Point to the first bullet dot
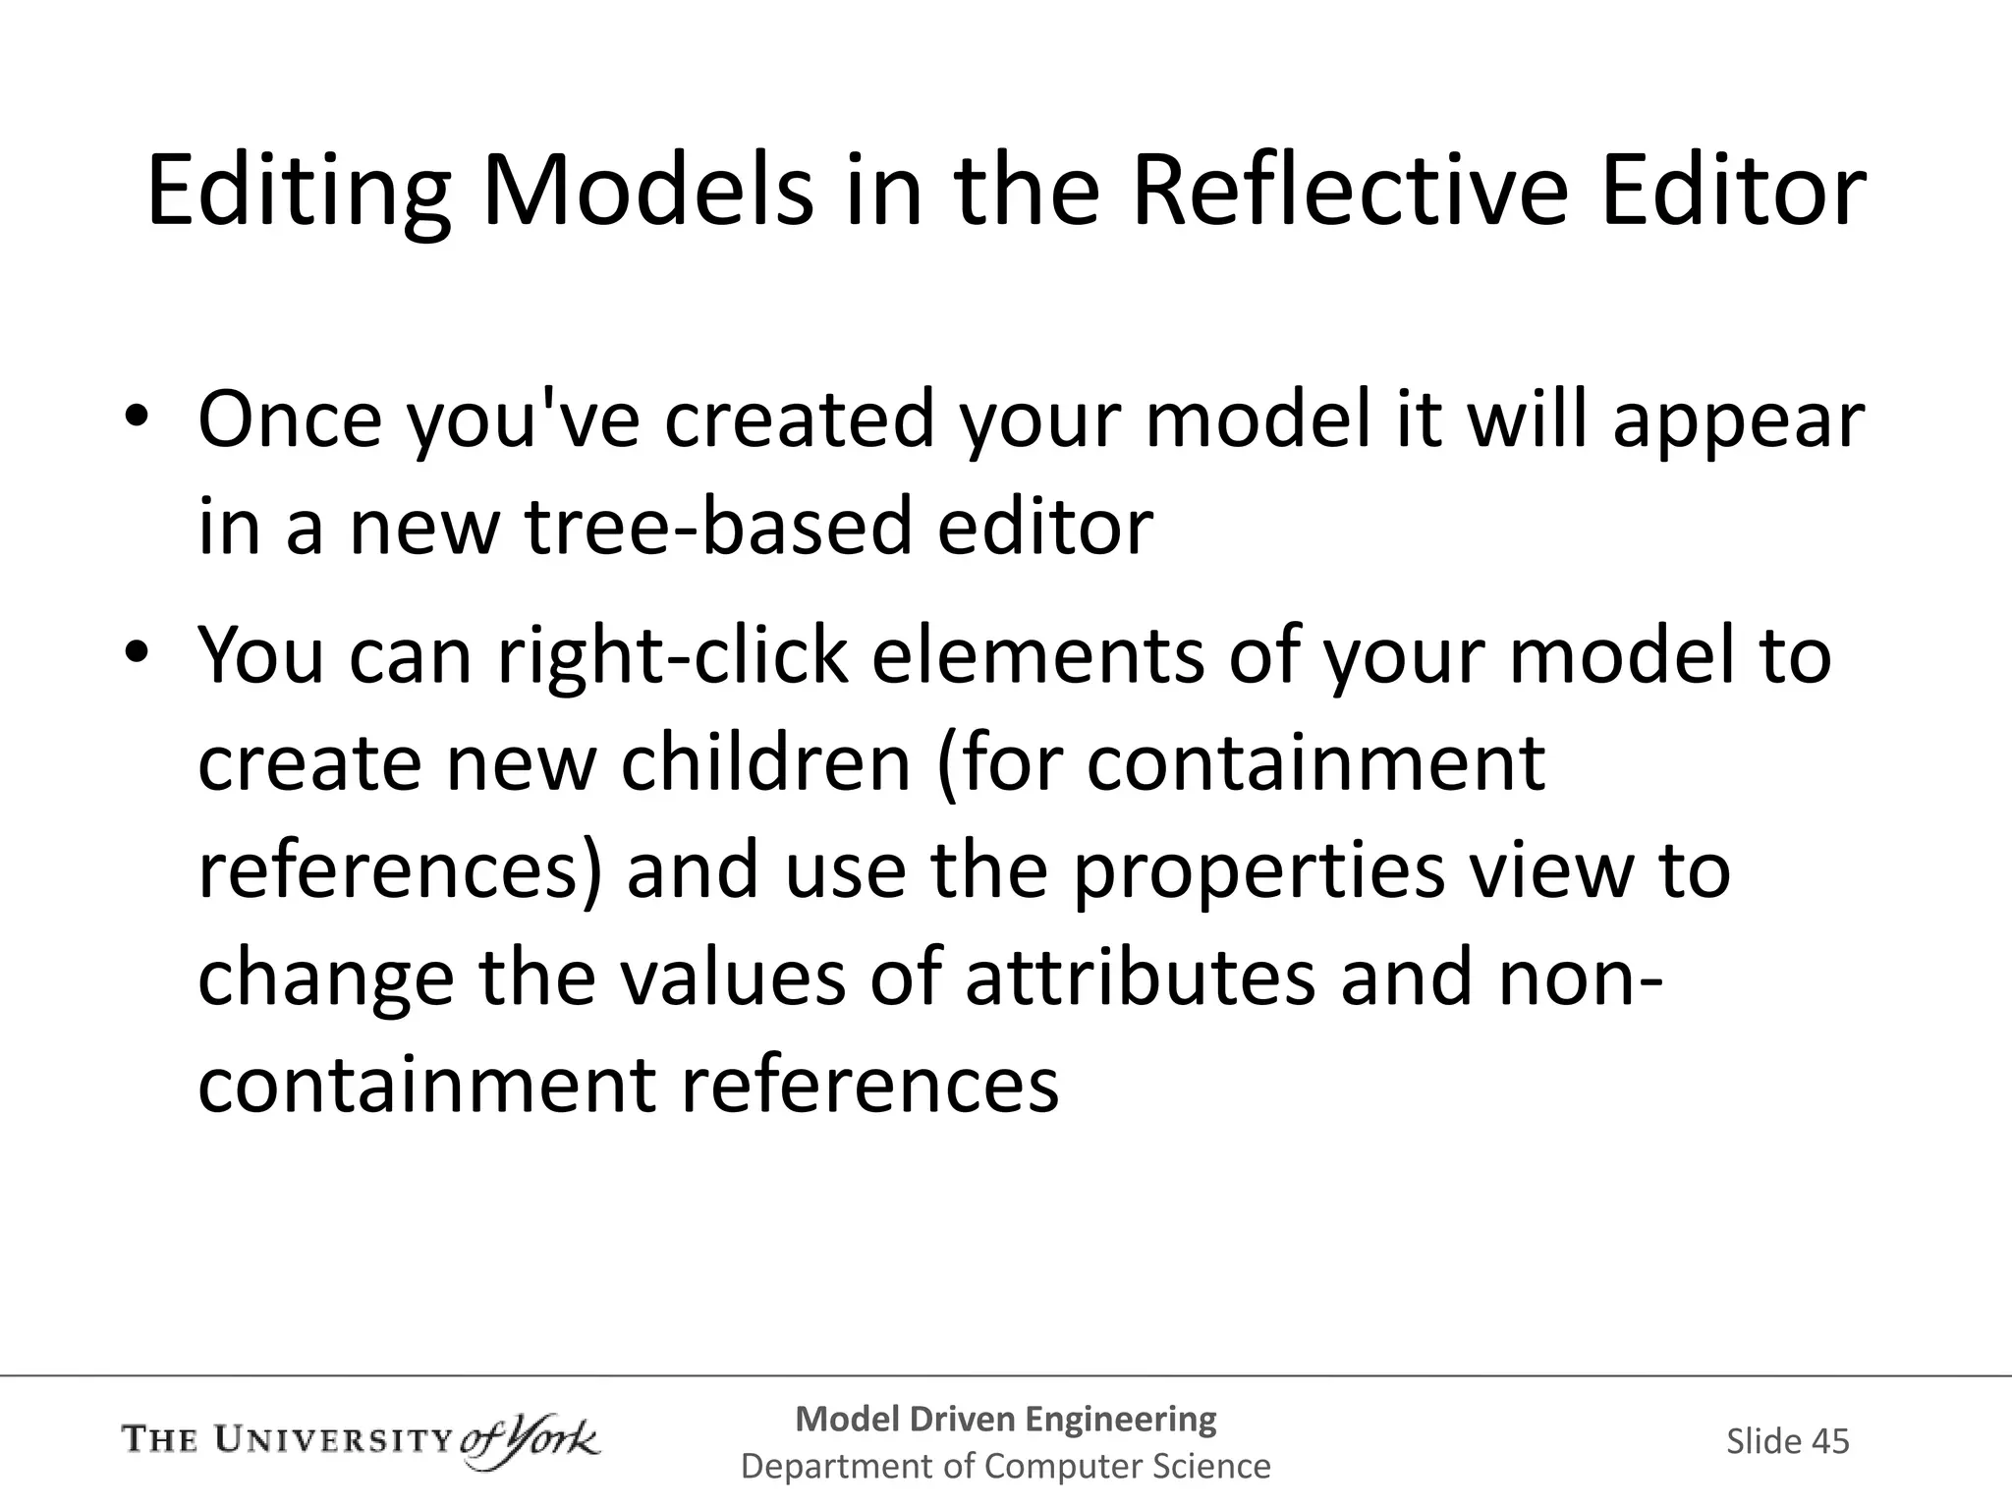pyautogui.click(x=136, y=419)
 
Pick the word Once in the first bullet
pyautogui.click(x=290, y=420)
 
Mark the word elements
pyautogui.click(x=1036, y=656)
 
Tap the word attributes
pyautogui.click(x=1140, y=978)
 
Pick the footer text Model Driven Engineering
pyautogui.click(x=1005, y=1419)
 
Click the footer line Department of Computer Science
pyautogui.click(x=1005, y=1467)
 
